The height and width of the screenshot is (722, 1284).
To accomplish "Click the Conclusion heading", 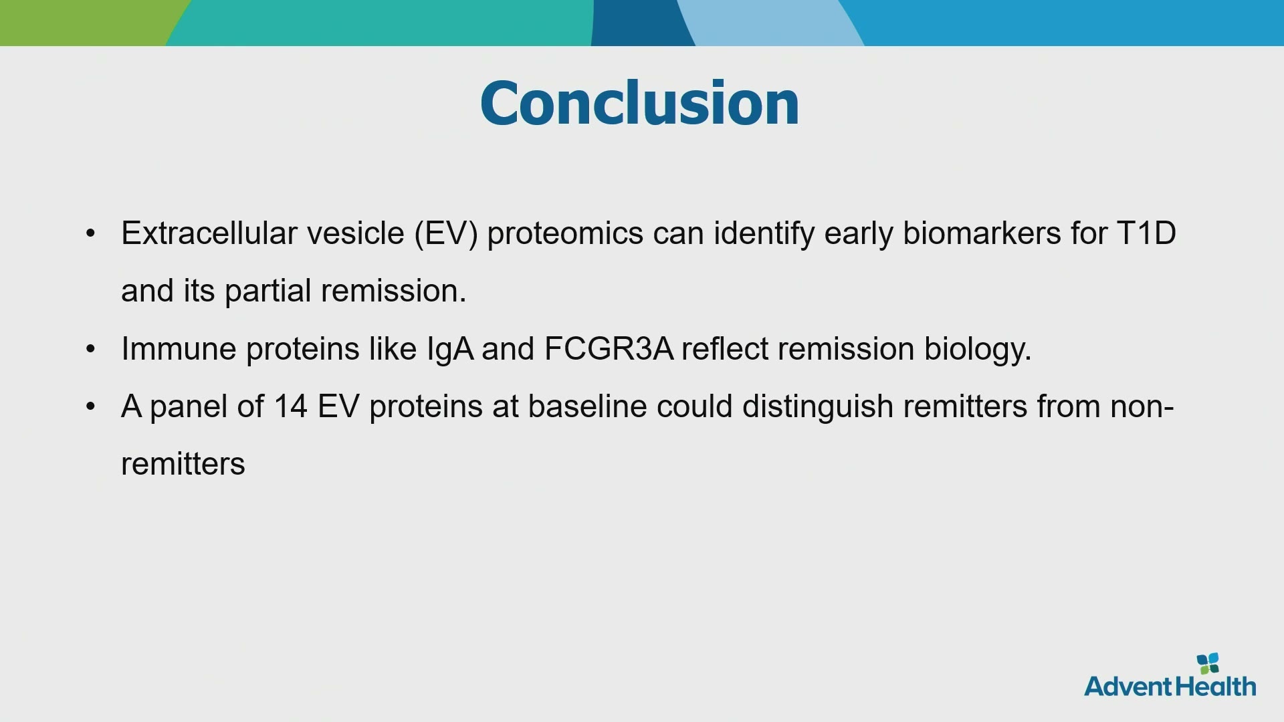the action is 639,103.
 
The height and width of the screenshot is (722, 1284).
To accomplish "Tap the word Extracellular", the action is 209,233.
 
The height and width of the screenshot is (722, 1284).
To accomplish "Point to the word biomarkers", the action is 982,233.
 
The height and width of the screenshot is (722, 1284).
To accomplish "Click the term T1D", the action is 1146,233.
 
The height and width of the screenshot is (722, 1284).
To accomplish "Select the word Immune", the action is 179,349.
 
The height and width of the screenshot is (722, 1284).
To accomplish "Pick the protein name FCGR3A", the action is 609,349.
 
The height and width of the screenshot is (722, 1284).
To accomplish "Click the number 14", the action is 290,406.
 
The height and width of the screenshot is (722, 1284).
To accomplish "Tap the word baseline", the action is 587,406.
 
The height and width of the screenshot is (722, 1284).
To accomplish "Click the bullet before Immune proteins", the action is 91,349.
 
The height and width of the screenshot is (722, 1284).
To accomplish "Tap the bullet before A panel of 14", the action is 91,406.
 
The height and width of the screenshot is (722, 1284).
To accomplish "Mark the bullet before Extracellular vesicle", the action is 91,233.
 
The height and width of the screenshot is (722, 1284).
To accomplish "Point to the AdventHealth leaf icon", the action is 1208,663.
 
